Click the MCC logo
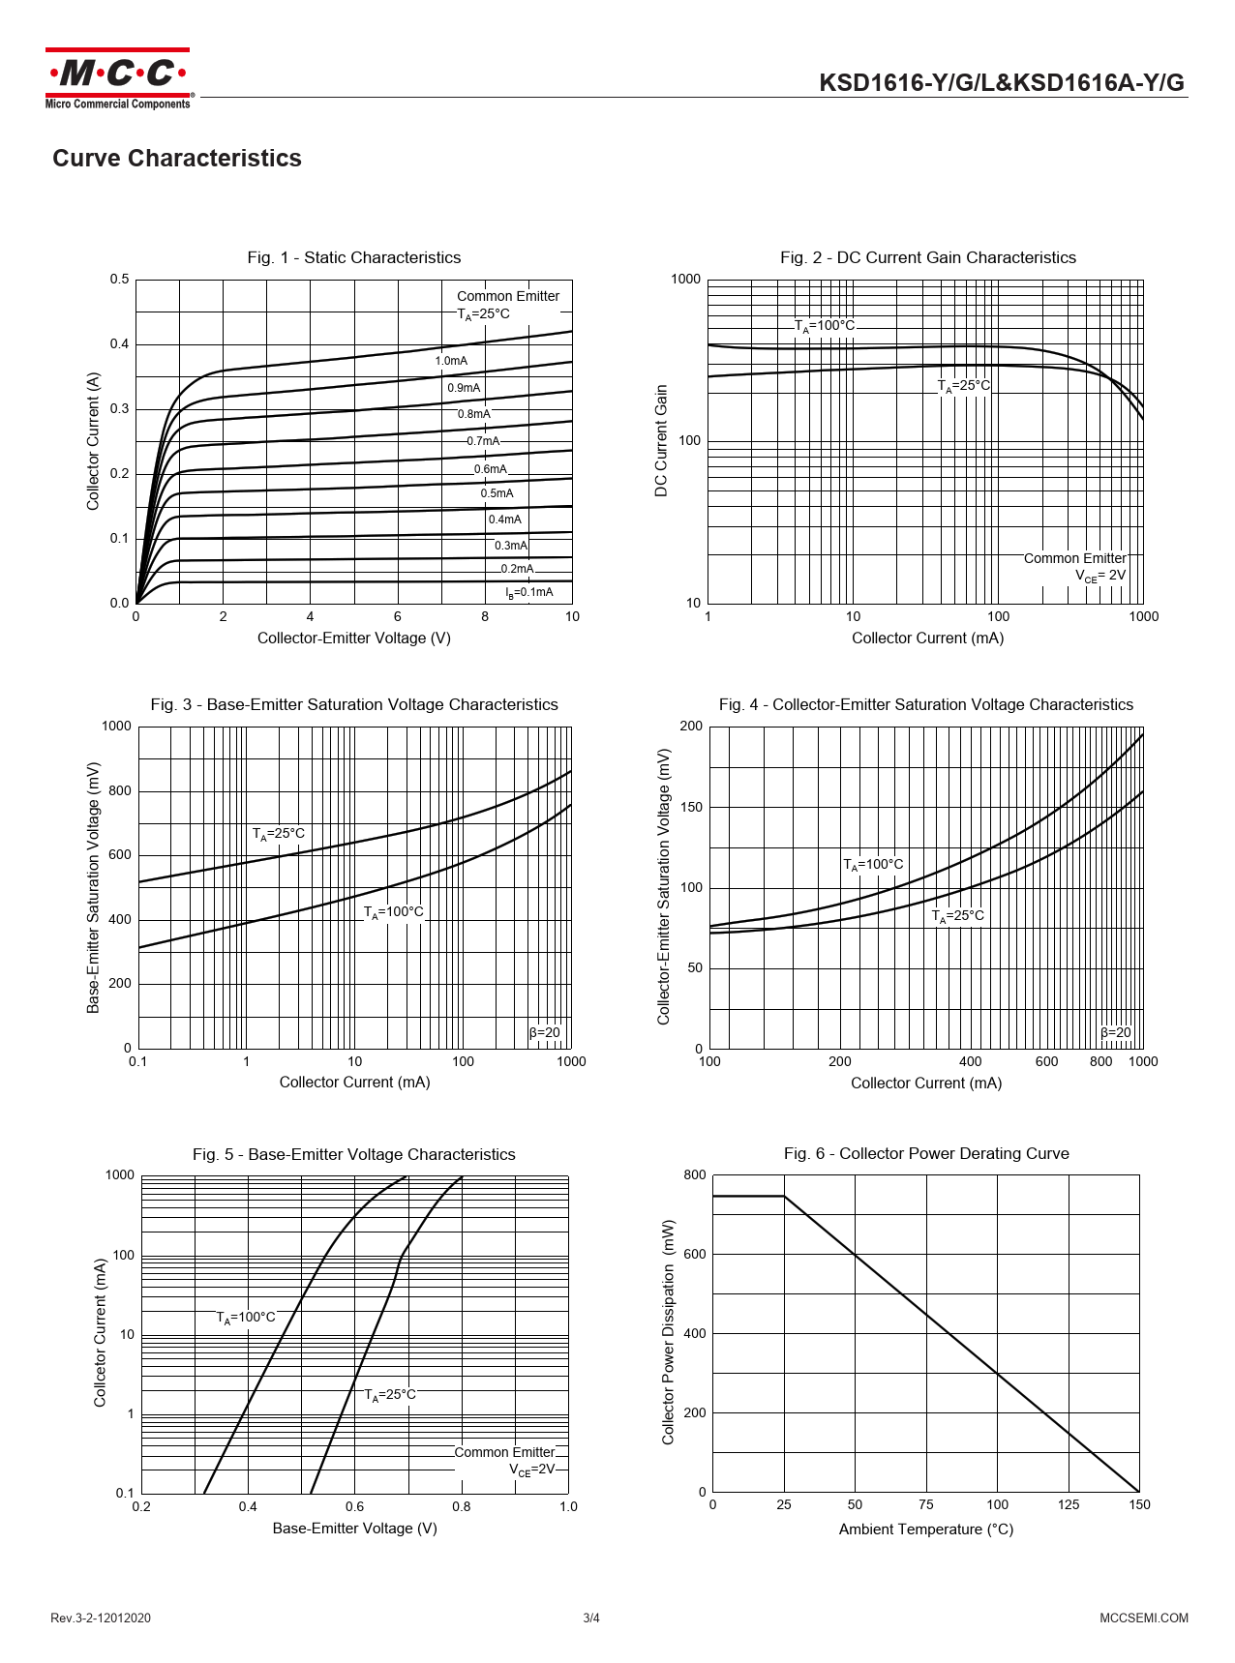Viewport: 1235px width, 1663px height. coord(117,77)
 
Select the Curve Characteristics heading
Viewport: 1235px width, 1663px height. coord(176,159)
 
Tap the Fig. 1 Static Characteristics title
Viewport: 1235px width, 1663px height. coord(353,257)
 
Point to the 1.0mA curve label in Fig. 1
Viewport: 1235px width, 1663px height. coord(451,361)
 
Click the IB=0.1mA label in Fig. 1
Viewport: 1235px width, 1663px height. coord(529,592)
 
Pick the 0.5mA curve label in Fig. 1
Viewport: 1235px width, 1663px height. coord(497,493)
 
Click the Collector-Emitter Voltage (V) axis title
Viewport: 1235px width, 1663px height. coord(353,638)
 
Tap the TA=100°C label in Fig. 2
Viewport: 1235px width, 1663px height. coord(825,326)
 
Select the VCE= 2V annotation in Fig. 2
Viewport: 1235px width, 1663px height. coord(1100,576)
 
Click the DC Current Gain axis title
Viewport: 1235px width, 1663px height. coord(662,441)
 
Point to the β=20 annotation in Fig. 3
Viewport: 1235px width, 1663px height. coord(545,1032)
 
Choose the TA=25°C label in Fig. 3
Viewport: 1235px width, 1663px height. coord(279,834)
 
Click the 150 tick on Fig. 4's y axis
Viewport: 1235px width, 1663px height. coord(692,807)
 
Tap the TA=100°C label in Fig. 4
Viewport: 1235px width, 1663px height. coord(873,865)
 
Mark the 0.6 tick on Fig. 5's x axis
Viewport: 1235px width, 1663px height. coord(354,1506)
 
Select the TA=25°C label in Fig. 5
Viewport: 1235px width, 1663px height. coord(390,1395)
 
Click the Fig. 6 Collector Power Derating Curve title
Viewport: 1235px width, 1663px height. coord(926,1153)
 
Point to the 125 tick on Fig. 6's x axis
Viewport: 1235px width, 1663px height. coord(1069,1504)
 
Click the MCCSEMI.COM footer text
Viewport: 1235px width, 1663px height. coord(1143,1618)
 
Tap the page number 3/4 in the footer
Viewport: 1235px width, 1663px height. coord(591,1618)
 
